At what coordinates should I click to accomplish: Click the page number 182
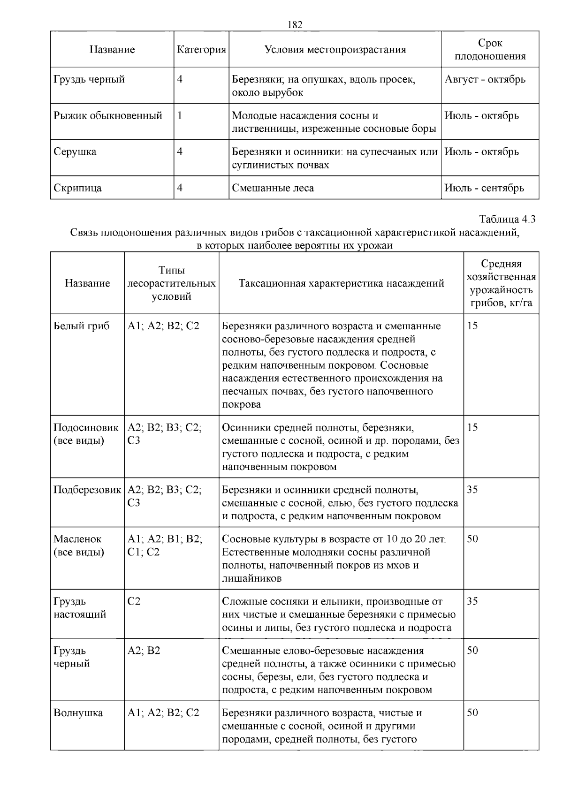click(294, 25)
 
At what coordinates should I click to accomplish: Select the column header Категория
click(201, 50)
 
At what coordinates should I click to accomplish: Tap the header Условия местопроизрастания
click(335, 50)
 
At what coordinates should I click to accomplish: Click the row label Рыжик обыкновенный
click(108, 115)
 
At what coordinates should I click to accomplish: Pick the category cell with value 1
click(180, 115)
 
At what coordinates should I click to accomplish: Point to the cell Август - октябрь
click(485, 79)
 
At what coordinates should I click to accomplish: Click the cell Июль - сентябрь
click(484, 188)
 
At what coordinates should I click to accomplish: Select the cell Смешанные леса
click(273, 188)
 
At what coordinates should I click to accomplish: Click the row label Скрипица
click(77, 188)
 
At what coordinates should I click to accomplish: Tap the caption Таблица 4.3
click(507, 219)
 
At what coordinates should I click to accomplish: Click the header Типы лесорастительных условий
click(172, 283)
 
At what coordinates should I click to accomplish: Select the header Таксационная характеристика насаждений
click(341, 283)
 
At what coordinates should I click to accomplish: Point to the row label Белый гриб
click(82, 326)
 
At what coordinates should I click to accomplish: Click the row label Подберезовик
click(87, 490)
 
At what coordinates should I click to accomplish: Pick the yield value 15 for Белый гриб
click(472, 326)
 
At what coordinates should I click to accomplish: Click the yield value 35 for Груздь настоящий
click(472, 601)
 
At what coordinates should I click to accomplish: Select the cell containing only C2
click(134, 601)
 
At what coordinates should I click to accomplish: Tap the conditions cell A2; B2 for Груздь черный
click(144, 651)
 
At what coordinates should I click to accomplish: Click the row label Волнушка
click(78, 713)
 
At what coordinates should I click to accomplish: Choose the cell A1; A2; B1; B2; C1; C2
click(165, 546)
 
